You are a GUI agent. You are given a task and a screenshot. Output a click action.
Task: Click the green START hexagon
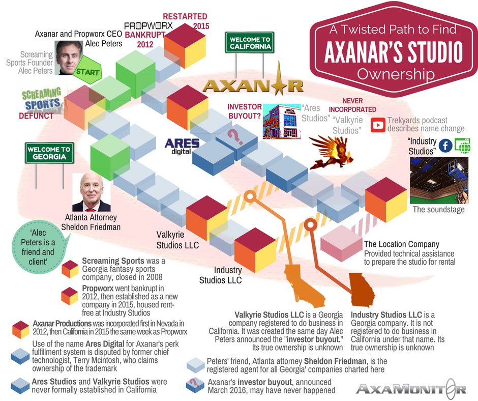[87, 70]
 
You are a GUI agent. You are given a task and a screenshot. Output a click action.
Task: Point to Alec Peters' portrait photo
[69, 58]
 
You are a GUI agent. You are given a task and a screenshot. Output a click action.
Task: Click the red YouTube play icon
[378, 125]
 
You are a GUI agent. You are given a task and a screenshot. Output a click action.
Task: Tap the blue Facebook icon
[445, 146]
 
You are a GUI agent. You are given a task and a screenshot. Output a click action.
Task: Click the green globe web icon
[462, 145]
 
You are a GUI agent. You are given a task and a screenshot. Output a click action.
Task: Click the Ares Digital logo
[182, 146]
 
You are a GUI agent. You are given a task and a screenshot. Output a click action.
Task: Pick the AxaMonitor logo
[411, 389]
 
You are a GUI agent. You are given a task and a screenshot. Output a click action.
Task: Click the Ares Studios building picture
[281, 122]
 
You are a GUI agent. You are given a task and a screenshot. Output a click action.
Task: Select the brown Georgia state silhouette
[362, 290]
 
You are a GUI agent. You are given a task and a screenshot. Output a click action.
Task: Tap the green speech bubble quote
[38, 247]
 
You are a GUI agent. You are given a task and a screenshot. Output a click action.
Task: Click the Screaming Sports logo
[42, 100]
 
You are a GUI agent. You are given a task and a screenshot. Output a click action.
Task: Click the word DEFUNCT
[36, 116]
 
